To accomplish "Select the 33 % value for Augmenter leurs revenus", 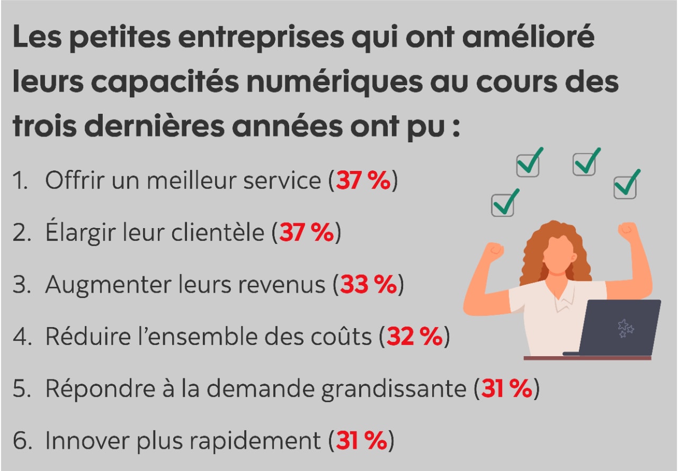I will (x=368, y=285).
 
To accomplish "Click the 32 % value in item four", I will (x=414, y=337).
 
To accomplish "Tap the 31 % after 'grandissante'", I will (x=506, y=389).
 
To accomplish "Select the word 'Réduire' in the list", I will (x=79, y=337).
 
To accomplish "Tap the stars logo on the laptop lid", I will (x=626, y=329).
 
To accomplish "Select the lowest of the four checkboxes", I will (x=503, y=204).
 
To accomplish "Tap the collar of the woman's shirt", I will (x=563, y=302).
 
